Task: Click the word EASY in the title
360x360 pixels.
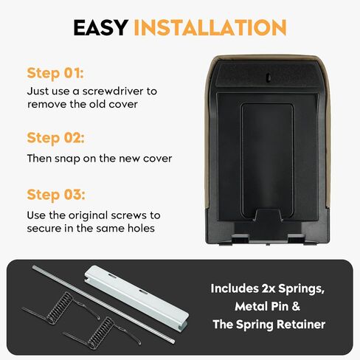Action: [x=100, y=27]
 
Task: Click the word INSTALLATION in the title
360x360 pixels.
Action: [x=210, y=27]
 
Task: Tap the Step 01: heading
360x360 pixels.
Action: [x=55, y=73]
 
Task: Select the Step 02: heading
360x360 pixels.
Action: [x=55, y=138]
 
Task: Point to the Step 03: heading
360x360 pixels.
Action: [x=56, y=195]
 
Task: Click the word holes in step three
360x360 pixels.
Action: [x=141, y=229]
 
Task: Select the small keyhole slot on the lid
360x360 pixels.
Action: [x=269, y=77]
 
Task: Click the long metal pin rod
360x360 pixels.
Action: [x=103, y=305]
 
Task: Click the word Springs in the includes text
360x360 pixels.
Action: [x=301, y=288]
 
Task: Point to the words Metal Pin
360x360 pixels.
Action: [x=261, y=306]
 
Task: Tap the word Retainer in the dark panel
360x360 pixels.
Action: [x=301, y=325]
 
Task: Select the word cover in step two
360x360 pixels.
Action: [x=157, y=159]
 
